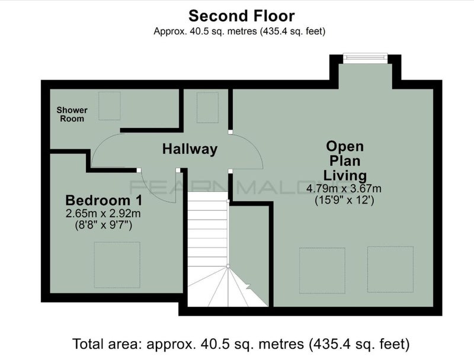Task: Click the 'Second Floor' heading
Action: point(242,16)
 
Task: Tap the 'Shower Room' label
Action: point(72,114)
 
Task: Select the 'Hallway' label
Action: point(190,149)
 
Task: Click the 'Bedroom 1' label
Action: point(104,201)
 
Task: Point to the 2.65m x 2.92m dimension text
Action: point(103,214)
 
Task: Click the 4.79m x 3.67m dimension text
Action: point(344,189)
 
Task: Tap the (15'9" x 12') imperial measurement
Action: point(344,200)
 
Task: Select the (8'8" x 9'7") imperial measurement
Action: point(103,226)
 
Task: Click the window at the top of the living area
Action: point(365,58)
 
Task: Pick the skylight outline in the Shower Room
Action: point(110,106)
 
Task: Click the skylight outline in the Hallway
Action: point(208,108)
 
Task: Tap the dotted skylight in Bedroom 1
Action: point(117,265)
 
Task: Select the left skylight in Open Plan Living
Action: point(322,271)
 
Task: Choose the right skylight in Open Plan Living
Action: point(390,269)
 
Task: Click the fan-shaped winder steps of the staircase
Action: point(228,287)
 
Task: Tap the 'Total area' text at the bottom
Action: point(241,344)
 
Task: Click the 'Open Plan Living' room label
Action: point(345,160)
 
